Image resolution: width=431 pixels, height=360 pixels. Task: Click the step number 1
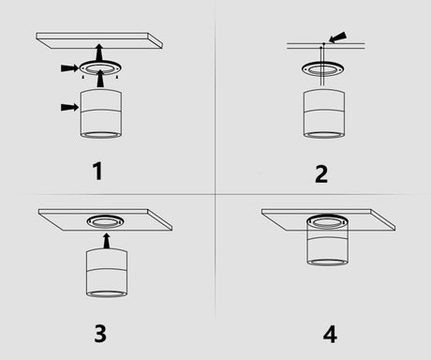tap(98, 171)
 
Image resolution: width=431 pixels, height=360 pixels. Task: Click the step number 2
tap(321, 174)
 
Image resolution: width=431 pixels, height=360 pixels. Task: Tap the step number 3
tap(100, 334)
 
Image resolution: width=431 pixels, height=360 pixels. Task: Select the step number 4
tap(330, 334)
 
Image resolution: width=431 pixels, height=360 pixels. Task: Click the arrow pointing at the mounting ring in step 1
tap(69, 67)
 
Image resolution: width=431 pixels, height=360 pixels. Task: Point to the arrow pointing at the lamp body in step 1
tap(69, 107)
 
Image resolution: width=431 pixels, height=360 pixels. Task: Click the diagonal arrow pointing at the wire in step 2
tap(337, 37)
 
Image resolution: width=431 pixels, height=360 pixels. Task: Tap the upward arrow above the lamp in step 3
tap(107, 241)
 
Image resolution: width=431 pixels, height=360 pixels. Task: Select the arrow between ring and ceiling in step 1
tap(99, 52)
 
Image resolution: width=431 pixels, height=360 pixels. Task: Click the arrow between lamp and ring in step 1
tap(100, 79)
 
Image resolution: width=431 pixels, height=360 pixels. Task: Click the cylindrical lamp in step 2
tap(324, 113)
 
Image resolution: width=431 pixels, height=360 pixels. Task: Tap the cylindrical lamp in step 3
tap(107, 273)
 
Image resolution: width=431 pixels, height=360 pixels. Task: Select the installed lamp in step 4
tap(328, 241)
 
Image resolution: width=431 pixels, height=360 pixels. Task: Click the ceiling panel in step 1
tap(99, 40)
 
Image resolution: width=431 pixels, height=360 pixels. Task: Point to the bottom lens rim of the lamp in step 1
tap(101, 135)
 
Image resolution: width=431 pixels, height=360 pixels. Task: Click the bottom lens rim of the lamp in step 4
tap(328, 262)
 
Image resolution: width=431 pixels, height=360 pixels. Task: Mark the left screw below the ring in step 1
tap(82, 77)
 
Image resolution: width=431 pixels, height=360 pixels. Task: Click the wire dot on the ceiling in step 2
tap(324, 43)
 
